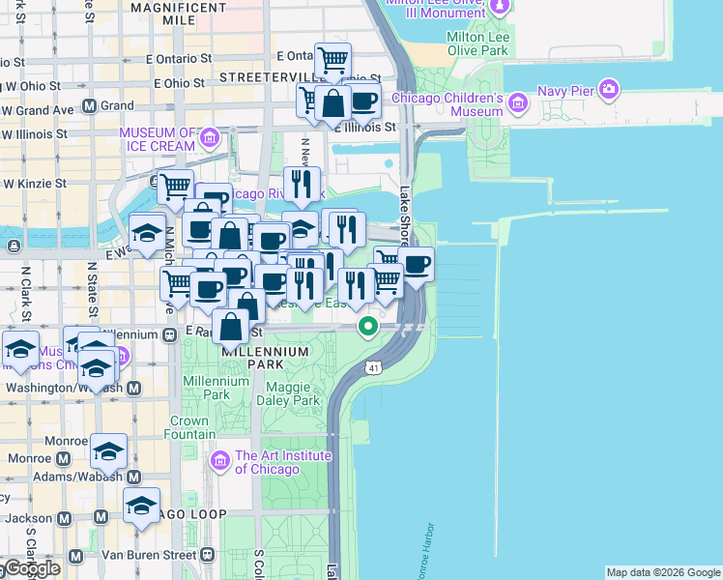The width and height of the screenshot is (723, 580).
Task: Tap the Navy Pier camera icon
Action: click(609, 90)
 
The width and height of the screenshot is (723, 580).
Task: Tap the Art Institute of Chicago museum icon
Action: click(220, 462)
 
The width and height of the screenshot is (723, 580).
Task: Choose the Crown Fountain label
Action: click(189, 428)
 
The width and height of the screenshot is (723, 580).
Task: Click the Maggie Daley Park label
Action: click(292, 393)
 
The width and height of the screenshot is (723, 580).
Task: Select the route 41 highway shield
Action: click(374, 368)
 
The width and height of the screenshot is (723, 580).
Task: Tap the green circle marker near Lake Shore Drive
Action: click(368, 326)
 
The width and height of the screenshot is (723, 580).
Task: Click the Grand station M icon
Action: click(89, 105)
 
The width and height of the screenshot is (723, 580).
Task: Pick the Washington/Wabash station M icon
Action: click(134, 388)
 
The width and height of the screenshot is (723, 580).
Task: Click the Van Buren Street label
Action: click(149, 555)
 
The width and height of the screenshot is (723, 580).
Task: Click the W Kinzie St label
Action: click(35, 182)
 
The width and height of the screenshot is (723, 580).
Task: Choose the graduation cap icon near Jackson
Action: click(142, 506)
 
